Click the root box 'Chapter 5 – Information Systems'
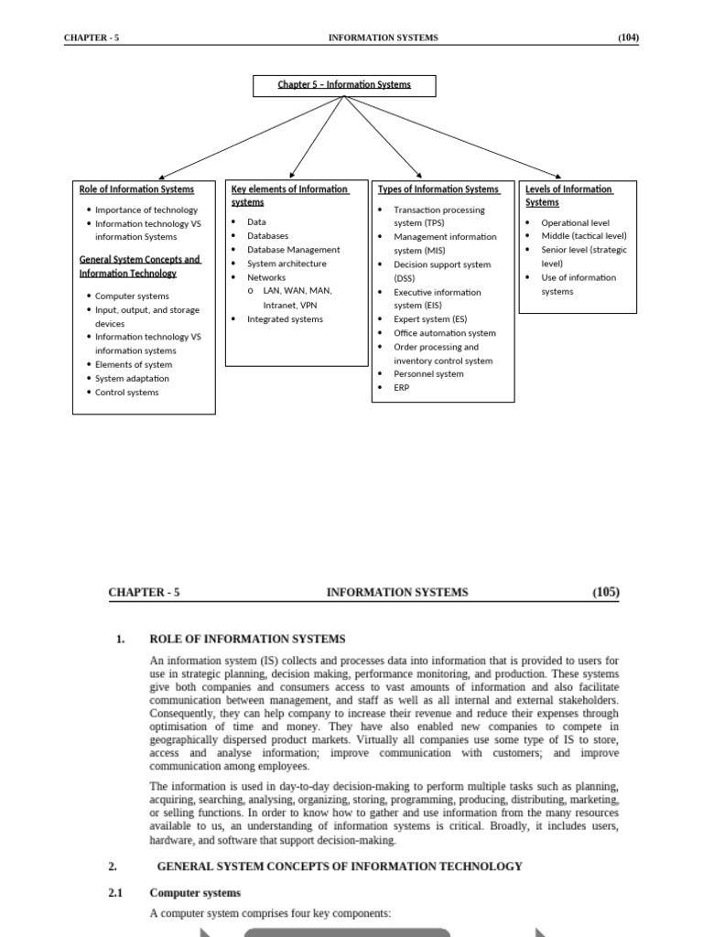point(344,85)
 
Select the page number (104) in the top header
point(628,38)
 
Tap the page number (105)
point(605,592)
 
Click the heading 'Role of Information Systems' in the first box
point(136,189)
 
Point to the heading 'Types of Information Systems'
point(438,189)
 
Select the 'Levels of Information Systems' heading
point(568,196)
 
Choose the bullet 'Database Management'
point(293,250)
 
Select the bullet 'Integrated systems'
point(285,319)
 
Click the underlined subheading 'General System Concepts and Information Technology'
point(139,266)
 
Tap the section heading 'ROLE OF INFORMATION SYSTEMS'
point(247,639)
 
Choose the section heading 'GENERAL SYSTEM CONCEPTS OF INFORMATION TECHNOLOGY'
point(340,866)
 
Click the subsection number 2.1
point(115,892)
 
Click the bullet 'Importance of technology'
point(146,210)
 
